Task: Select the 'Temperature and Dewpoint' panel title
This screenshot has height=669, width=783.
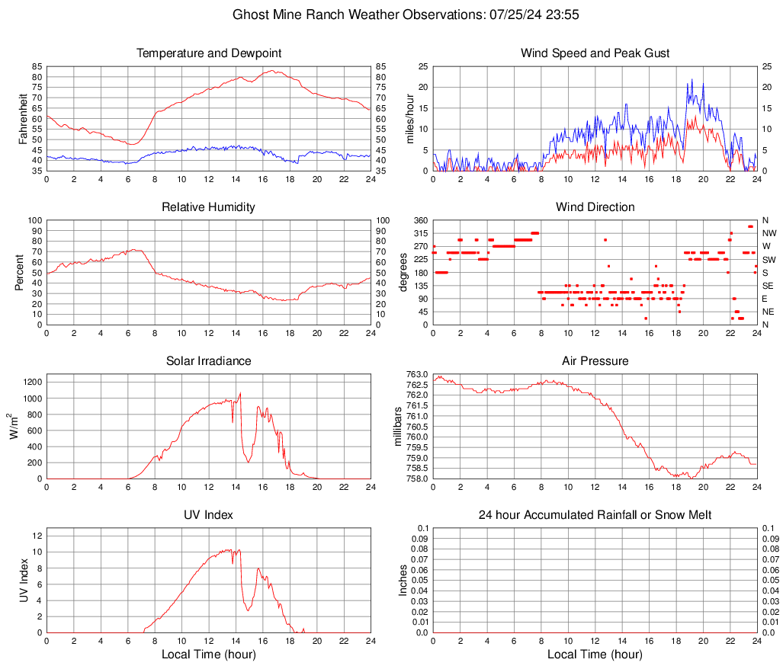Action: (x=209, y=53)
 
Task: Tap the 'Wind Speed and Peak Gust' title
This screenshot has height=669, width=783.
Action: (x=595, y=53)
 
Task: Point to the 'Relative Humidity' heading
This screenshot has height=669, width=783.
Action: (x=209, y=207)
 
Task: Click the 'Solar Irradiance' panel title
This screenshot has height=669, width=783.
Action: (x=209, y=361)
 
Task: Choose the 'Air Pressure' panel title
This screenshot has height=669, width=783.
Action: (x=595, y=361)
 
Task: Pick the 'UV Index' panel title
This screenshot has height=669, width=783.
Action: (x=209, y=515)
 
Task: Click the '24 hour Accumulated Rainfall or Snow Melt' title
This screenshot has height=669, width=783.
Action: (x=595, y=515)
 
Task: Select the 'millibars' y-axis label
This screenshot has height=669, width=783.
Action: (x=396, y=427)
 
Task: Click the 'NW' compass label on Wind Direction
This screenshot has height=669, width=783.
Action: (x=770, y=233)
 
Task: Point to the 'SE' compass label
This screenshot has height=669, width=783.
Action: (x=769, y=285)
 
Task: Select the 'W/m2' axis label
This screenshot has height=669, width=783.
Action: (x=17, y=427)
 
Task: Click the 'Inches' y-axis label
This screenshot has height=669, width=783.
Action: (x=403, y=581)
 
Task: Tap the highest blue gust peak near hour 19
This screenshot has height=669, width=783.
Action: (x=692, y=79)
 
